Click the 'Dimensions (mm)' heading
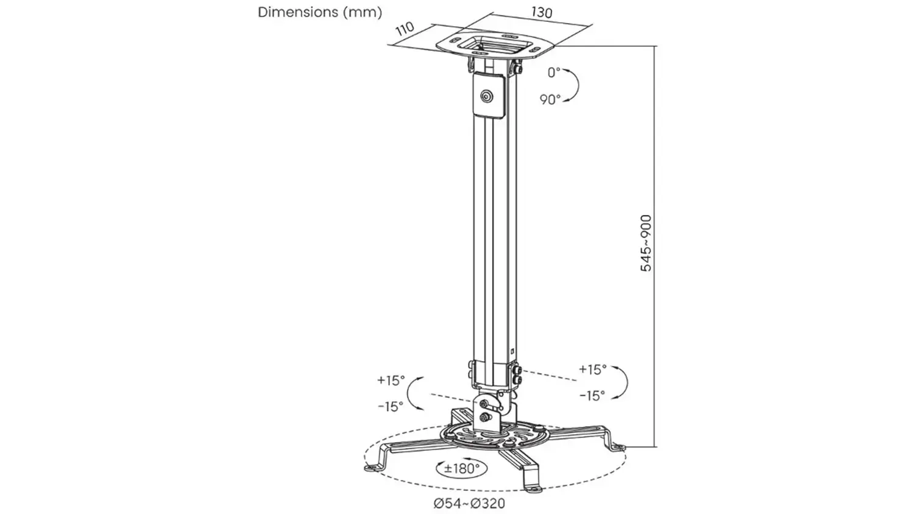pos(320,12)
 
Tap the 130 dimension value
pos(542,12)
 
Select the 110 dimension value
pos(405,29)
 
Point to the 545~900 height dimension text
pos(646,243)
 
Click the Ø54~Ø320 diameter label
pos(469,504)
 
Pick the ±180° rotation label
pos(461,468)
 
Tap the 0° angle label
pos(554,72)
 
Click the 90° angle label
pos(550,99)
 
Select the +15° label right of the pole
pos(593,369)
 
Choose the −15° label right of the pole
pos(592,395)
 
